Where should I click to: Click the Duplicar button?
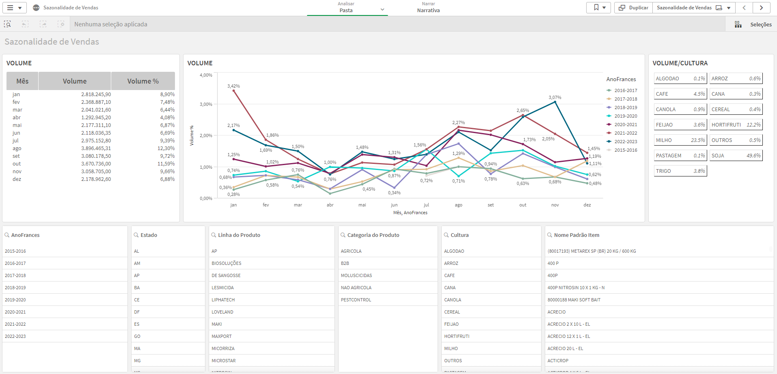click(633, 8)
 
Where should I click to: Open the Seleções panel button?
click(753, 24)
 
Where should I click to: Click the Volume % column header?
click(143, 81)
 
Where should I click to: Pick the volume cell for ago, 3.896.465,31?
click(96, 148)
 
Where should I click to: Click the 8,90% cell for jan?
click(167, 95)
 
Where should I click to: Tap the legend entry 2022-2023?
click(625, 142)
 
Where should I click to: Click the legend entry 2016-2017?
click(625, 90)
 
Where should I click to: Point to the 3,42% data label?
click(233, 86)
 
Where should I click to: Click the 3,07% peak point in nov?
click(555, 102)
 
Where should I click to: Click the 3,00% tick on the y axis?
click(206, 104)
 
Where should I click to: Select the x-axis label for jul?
click(426, 205)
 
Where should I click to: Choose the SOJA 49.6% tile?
click(736, 156)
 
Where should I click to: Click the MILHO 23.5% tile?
click(680, 140)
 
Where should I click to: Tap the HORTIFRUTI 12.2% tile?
click(736, 125)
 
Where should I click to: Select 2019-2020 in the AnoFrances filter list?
click(15, 300)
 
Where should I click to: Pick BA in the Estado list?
click(137, 288)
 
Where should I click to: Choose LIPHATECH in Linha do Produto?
click(223, 300)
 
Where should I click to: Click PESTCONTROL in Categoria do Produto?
click(356, 300)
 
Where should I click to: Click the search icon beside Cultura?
click(446, 235)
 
